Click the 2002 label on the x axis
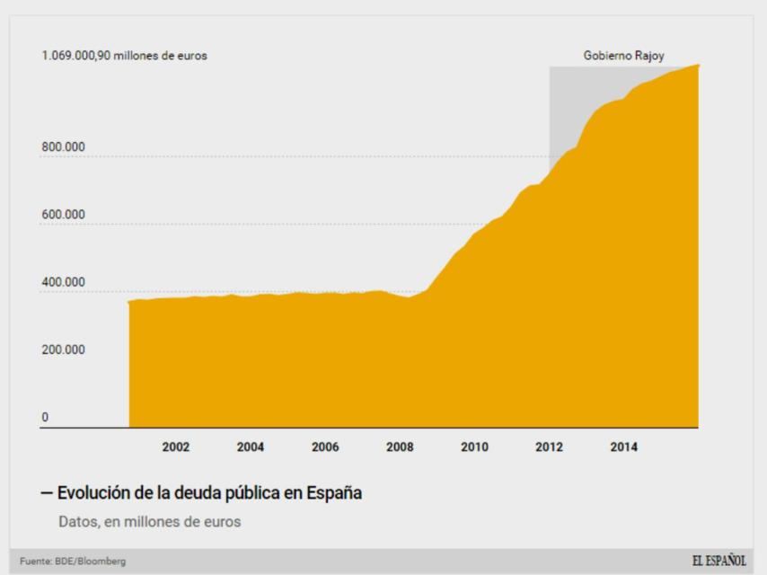[175, 448]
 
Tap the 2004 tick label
[250, 448]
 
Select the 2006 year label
[324, 448]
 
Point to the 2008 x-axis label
[400, 448]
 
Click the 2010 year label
[474, 448]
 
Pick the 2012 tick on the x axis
[549, 448]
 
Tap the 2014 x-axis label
[624, 448]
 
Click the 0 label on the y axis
[44, 417]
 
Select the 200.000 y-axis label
[62, 349]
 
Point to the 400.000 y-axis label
[62, 282]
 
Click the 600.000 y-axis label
[62, 215]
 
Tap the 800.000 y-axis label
[62, 147]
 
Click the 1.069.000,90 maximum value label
[124, 56]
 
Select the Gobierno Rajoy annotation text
[623, 56]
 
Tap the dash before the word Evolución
[46, 493]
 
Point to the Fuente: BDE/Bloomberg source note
[68, 562]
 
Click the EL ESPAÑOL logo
[719, 562]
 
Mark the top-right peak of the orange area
[698, 66]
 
